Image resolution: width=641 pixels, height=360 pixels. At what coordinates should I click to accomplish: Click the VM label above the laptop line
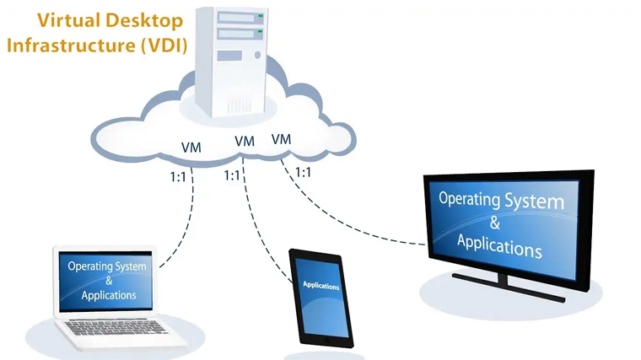191,148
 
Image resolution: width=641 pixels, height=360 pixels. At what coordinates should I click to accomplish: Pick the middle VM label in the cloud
245,142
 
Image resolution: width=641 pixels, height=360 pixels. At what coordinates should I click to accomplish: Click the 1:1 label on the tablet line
233,175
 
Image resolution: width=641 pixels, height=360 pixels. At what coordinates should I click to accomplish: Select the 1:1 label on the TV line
303,172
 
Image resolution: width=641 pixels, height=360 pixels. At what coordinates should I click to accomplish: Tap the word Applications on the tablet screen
320,286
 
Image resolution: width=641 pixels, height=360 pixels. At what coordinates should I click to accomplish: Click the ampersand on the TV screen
494,223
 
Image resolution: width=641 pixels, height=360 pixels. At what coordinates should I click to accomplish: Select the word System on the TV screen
531,202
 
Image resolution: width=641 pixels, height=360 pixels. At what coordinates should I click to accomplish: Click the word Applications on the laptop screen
109,296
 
